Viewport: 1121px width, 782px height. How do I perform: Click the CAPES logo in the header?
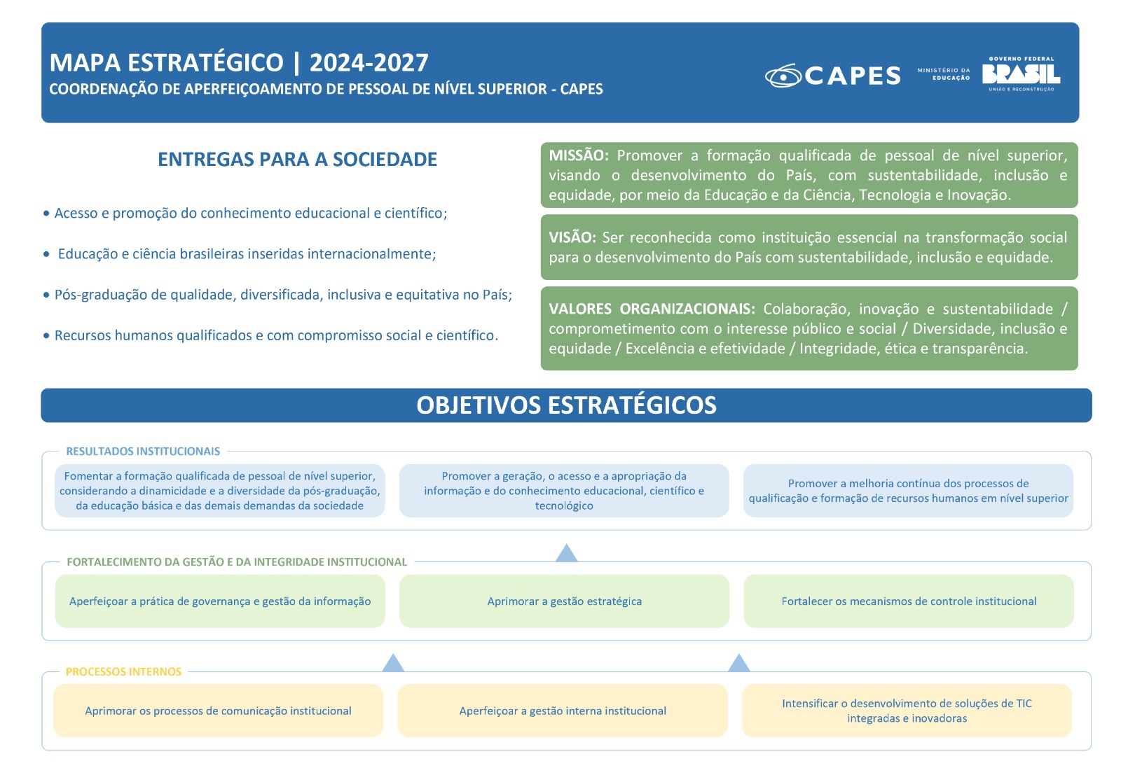pyautogui.click(x=832, y=75)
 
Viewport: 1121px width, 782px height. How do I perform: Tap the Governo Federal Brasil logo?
pyautogui.click(x=1021, y=74)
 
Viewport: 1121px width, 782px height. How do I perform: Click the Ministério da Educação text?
pyautogui.click(x=943, y=74)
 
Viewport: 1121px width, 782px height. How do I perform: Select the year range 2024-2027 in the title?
pyautogui.click(x=369, y=63)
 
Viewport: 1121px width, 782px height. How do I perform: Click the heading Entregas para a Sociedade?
pyautogui.click(x=297, y=160)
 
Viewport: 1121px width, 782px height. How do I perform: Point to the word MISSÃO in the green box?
pyautogui.click(x=579, y=155)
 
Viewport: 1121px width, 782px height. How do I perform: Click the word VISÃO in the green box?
pyautogui.click(x=572, y=237)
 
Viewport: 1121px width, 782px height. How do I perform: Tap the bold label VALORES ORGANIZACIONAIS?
pyautogui.click(x=652, y=309)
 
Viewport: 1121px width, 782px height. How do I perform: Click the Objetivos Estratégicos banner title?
pyautogui.click(x=566, y=405)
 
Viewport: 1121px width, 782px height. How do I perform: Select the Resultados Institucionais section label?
pyautogui.click(x=143, y=452)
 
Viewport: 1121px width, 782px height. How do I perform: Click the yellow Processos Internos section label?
pyautogui.click(x=123, y=671)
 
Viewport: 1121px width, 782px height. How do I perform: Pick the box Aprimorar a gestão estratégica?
pyautogui.click(x=564, y=601)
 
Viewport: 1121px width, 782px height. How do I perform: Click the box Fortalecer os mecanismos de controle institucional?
pyautogui.click(x=909, y=601)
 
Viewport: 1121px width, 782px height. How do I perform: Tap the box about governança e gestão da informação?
pyautogui.click(x=220, y=601)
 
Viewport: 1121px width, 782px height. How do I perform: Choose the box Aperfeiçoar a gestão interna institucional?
pyautogui.click(x=563, y=711)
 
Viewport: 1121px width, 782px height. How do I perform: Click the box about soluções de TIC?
pyautogui.click(x=907, y=711)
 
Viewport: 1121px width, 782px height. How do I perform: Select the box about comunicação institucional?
pyautogui.click(x=218, y=711)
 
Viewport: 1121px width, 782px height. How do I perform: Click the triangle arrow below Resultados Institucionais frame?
pyautogui.click(x=566, y=553)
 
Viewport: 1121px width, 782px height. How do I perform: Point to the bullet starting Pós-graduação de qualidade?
pyautogui.click(x=283, y=295)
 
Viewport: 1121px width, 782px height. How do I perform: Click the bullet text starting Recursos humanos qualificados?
pyautogui.click(x=276, y=335)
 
